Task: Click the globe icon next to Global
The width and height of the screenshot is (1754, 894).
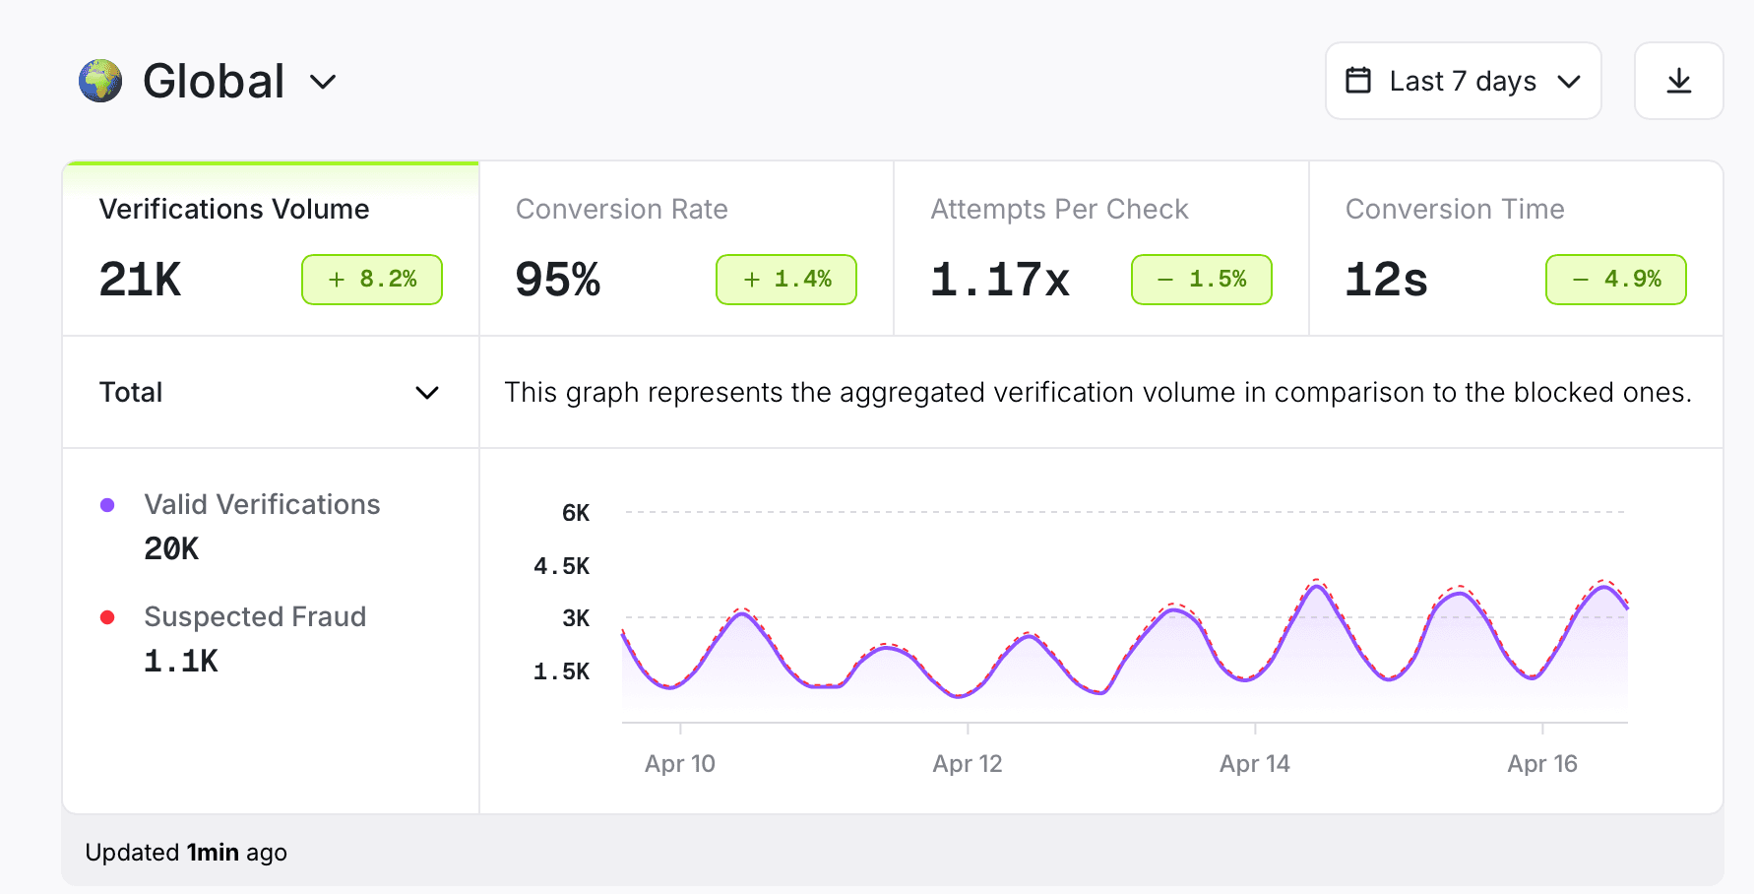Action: pos(100,81)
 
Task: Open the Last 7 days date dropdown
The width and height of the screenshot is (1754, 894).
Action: pos(1463,81)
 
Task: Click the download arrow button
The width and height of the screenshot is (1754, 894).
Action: pos(1678,81)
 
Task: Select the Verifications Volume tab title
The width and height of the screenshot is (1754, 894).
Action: pos(234,209)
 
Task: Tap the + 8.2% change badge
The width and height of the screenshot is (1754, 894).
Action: pos(372,280)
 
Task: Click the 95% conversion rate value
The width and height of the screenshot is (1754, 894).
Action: pos(557,280)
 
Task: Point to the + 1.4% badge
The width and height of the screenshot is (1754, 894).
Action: pos(786,280)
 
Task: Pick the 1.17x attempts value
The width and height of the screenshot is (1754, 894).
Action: pos(999,280)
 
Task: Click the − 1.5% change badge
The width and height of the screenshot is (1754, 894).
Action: pos(1202,280)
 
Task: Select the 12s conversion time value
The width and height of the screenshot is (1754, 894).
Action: pos(1386,280)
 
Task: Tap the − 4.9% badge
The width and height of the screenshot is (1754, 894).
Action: pos(1616,280)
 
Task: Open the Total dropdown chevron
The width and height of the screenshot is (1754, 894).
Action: pos(427,393)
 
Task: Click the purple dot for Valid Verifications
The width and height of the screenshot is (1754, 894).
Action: pos(108,505)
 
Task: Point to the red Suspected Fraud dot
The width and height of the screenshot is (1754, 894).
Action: pos(108,617)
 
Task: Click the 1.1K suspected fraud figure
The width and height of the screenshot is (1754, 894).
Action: pos(181,661)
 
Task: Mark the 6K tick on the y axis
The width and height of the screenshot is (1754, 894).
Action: pos(576,513)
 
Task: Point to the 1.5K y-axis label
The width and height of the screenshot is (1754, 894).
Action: pos(562,671)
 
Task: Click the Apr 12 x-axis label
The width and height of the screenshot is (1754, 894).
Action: pos(968,764)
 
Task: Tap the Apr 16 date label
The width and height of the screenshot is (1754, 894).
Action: pos(1542,764)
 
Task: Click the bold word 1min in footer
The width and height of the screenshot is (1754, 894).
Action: pos(213,853)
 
